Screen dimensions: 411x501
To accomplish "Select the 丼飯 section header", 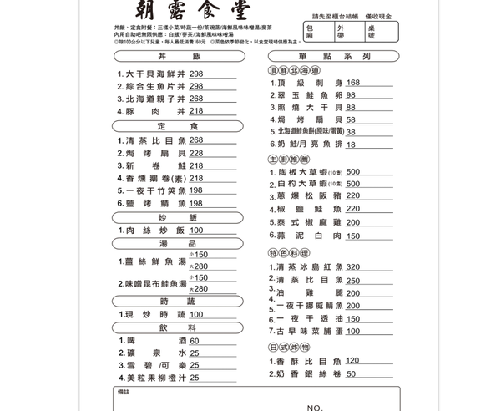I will [x=179, y=56].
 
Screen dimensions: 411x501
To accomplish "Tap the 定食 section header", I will [x=179, y=126].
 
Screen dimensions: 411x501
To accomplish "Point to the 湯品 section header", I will [x=179, y=243].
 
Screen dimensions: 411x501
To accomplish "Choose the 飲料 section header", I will [x=179, y=328].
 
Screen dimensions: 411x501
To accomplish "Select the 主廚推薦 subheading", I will [x=289, y=159].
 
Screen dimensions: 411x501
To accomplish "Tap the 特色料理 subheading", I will [x=289, y=253].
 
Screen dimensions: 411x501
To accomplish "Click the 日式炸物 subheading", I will [x=289, y=348].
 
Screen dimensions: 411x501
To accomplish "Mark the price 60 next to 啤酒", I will [x=195, y=341].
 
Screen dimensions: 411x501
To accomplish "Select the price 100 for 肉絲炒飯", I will [x=196, y=231].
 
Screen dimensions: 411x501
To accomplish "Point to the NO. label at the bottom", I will [x=315, y=407].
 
